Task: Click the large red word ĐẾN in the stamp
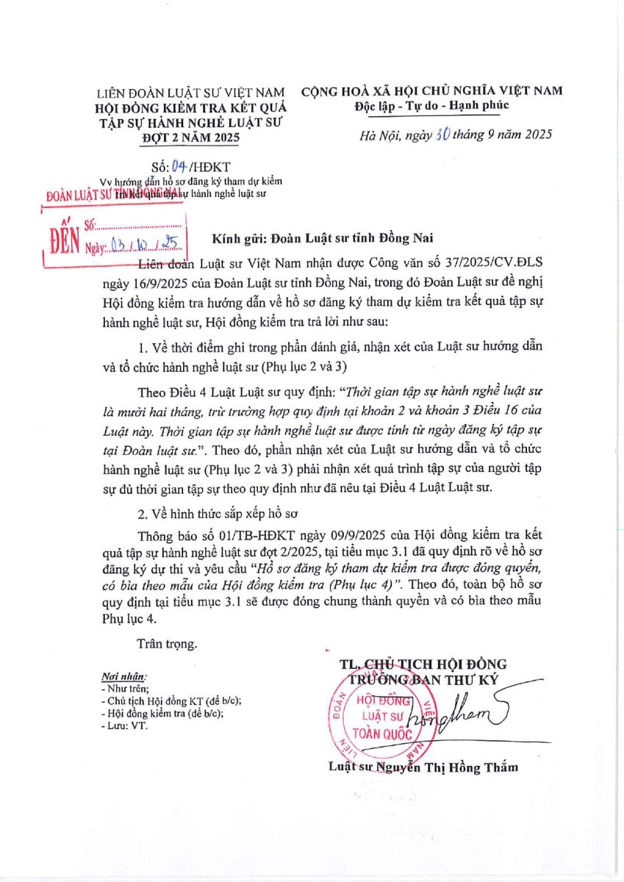click(64, 237)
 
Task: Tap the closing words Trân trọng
click(166, 644)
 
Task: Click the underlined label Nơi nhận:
click(123, 675)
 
